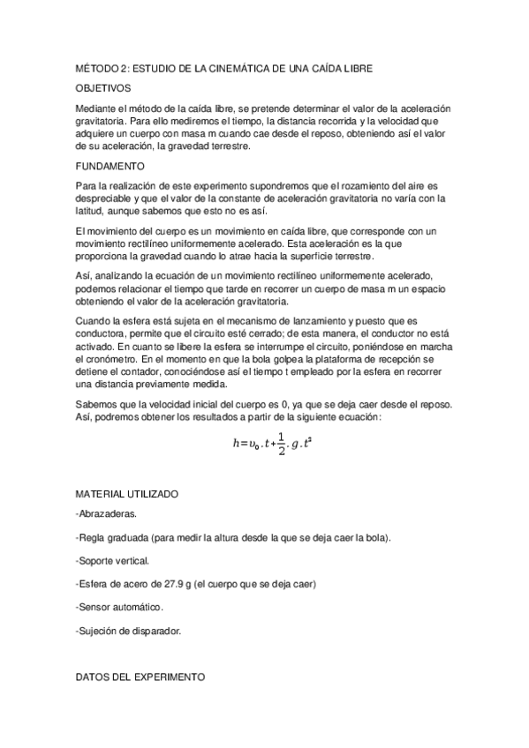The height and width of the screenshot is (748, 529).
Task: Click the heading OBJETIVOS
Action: pos(103,88)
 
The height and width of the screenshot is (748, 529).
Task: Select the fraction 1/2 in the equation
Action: pos(281,445)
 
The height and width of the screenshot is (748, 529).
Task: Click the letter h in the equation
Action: pos(236,445)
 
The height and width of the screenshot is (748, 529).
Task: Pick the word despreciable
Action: pos(105,199)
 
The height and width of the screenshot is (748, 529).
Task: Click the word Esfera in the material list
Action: pos(94,585)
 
